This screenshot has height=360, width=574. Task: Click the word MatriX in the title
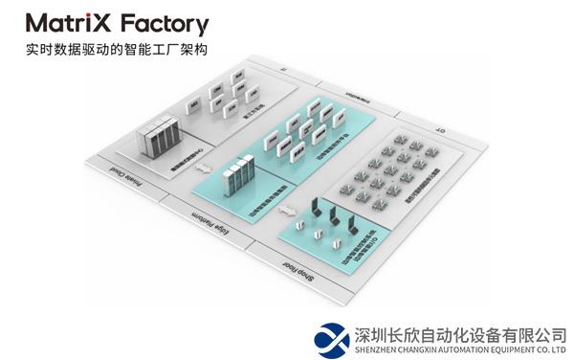tap(70, 24)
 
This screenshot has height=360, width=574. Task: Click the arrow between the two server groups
tap(202, 170)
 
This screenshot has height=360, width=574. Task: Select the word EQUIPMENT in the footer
tap(510, 349)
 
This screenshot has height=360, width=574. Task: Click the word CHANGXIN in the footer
tap(414, 349)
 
